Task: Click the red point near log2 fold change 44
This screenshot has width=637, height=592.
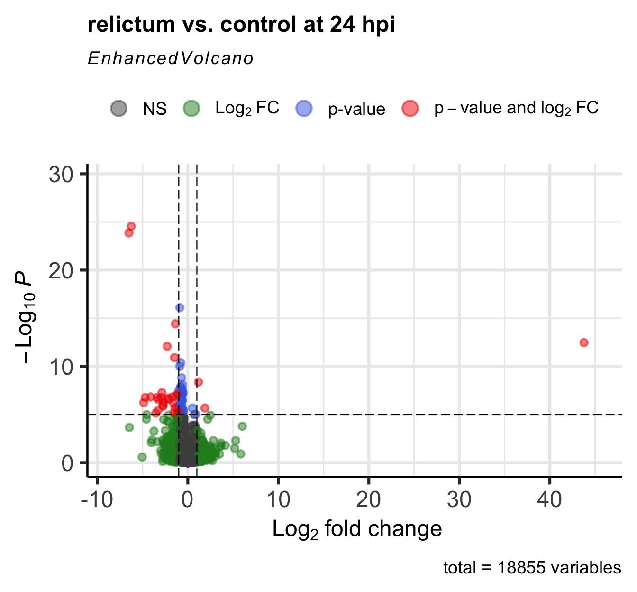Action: click(583, 342)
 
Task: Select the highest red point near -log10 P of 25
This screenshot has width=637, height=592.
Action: click(131, 226)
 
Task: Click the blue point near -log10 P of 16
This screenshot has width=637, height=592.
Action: click(180, 308)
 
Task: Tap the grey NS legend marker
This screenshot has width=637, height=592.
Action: click(118, 109)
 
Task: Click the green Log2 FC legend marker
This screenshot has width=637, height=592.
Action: click(191, 109)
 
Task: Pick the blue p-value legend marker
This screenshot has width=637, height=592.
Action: click(304, 109)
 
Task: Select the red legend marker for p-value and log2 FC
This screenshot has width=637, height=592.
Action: click(410, 109)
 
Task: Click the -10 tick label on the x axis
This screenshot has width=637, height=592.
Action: click(97, 499)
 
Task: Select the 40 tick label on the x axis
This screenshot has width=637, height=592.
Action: click(550, 499)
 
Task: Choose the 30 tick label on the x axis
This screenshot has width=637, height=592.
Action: click(459, 499)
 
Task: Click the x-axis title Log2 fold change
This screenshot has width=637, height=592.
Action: click(357, 529)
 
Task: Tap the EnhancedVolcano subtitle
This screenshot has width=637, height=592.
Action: click(171, 58)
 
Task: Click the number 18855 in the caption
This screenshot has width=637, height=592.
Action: click(518, 568)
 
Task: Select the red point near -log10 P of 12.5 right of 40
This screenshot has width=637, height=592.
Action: click(583, 342)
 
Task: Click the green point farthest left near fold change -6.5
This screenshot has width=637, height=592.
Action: click(129, 427)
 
